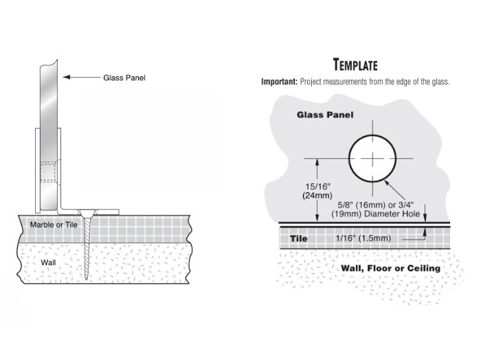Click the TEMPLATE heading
355,65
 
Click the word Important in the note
279,82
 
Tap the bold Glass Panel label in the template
325,115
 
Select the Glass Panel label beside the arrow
124,78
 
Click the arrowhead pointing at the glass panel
66,77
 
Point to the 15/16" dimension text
317,186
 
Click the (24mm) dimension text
317,195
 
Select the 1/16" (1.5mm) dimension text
363,238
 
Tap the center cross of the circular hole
372,159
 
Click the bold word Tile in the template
298,238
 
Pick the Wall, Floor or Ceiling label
390,269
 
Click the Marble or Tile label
54,225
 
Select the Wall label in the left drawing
49,262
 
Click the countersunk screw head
87,212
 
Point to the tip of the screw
86,280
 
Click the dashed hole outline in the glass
48,172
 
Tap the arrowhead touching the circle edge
387,183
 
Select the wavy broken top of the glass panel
49,64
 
